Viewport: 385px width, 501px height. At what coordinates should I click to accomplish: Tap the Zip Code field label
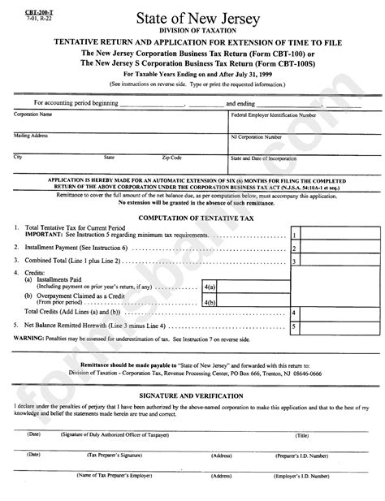click(171, 157)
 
